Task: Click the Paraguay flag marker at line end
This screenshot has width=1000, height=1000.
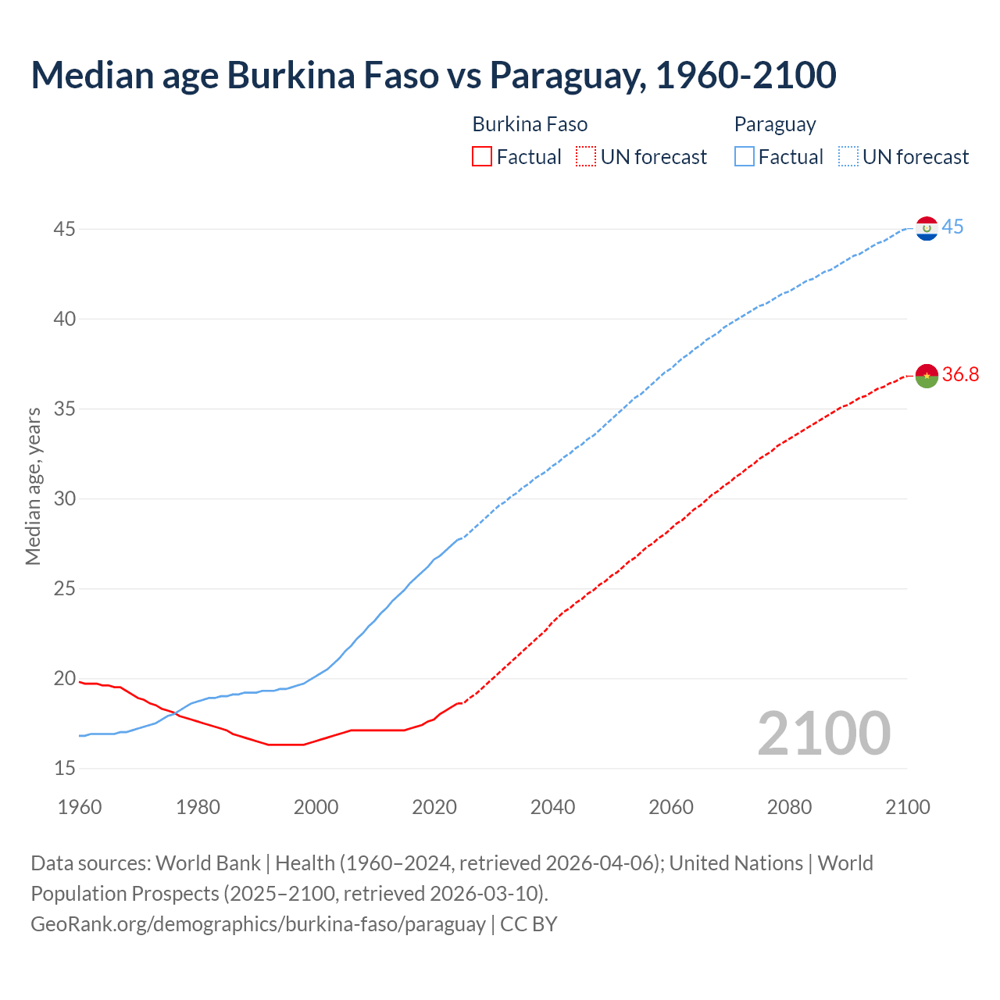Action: coord(927,228)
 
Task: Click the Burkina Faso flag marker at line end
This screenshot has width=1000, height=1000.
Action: coord(927,376)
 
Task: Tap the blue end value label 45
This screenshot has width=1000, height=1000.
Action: coord(952,227)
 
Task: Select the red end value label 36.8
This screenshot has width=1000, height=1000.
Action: coord(960,375)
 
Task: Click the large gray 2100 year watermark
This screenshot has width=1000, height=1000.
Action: coord(823,734)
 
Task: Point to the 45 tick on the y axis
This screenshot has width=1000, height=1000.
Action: coord(65,230)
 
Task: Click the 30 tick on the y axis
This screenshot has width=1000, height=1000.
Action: coord(65,499)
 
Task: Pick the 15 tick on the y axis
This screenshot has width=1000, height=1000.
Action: coord(65,769)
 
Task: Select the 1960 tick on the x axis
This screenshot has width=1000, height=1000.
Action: coord(80,807)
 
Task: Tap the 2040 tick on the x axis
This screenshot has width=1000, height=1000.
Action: coord(552,807)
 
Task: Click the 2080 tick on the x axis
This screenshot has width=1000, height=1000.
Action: coord(789,807)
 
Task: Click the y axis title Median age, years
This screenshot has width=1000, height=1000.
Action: coord(33,486)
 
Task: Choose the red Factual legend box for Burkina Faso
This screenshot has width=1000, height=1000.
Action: coord(482,157)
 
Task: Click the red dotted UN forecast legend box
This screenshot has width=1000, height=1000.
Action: coord(586,157)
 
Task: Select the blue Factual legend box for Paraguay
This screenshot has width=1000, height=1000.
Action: coord(745,157)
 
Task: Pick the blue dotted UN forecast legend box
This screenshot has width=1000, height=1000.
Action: coord(848,157)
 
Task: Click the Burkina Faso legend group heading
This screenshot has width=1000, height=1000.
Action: coord(530,124)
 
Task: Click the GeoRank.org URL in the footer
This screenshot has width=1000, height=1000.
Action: coord(258,924)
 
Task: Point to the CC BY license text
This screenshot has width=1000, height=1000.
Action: coord(529,924)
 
